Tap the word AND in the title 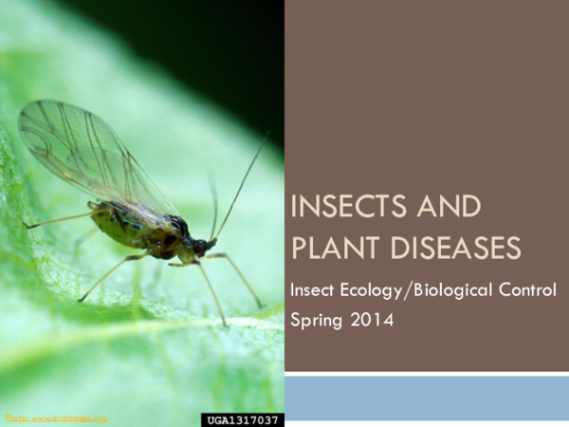point(449,208)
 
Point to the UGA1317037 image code point(243,418)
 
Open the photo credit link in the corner point(56,418)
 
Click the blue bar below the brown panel point(426,398)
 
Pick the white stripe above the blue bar point(426,374)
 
